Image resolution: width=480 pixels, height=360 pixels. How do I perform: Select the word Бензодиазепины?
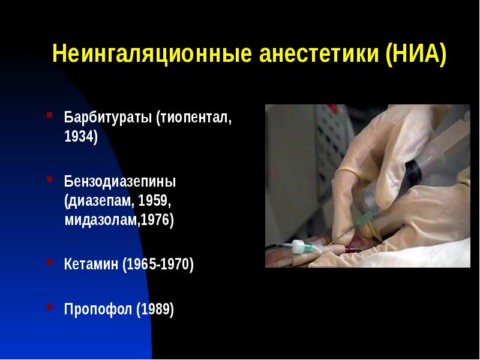[x=120, y=181]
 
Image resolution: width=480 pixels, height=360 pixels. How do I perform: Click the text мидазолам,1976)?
[x=119, y=220]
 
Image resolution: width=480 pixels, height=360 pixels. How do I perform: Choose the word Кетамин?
[x=91, y=265]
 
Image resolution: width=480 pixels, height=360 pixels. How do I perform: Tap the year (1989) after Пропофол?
[x=155, y=310]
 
